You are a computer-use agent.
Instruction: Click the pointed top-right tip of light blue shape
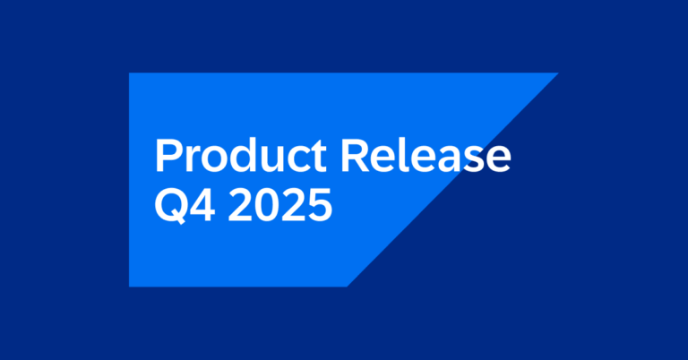click(x=556, y=74)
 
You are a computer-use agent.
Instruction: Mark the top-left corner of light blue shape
click(x=131, y=74)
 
